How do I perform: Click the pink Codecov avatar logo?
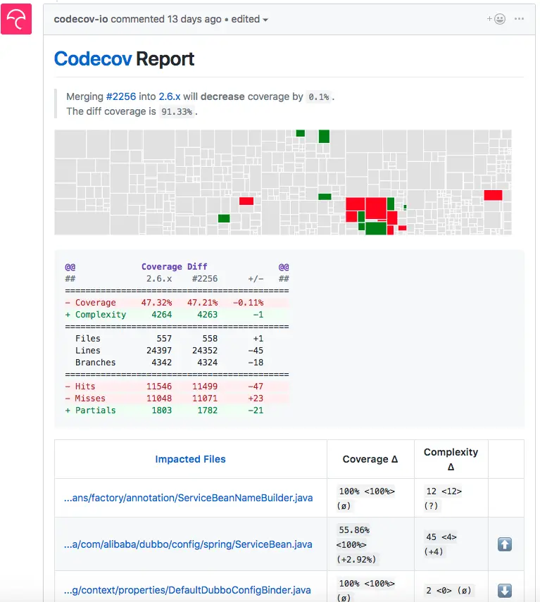[x=15, y=19]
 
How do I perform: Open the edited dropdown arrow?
[x=265, y=20]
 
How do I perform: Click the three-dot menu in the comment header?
[x=520, y=19]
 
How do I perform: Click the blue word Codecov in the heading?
[x=92, y=59]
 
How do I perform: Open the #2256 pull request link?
[x=120, y=96]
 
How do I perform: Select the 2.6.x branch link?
[x=170, y=96]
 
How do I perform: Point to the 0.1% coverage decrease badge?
[x=318, y=97]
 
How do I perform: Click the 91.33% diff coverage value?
[x=176, y=111]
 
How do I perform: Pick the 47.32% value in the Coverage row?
[x=156, y=303]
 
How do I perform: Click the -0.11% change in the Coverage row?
[x=248, y=303]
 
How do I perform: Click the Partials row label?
[x=95, y=410]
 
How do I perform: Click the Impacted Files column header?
[x=190, y=459]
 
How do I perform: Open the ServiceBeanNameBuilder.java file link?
[x=188, y=498]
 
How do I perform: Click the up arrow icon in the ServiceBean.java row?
[x=505, y=544]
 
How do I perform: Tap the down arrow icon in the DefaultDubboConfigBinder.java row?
[x=505, y=591]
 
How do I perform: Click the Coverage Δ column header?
[x=370, y=459]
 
